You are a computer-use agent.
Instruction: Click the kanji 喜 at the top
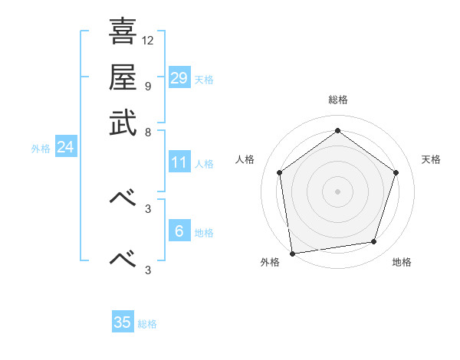click(x=123, y=32)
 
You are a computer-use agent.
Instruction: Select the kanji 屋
click(x=123, y=77)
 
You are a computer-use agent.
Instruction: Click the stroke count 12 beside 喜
click(x=148, y=40)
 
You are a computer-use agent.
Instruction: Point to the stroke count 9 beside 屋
click(x=148, y=85)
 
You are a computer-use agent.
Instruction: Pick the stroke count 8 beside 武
click(x=148, y=131)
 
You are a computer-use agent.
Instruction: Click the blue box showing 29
click(x=179, y=77)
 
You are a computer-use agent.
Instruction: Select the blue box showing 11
click(x=179, y=162)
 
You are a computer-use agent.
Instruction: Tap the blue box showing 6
click(x=179, y=231)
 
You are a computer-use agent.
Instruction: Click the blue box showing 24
click(x=65, y=147)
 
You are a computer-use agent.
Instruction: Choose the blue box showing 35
click(x=123, y=322)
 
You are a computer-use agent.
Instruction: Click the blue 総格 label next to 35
click(x=147, y=324)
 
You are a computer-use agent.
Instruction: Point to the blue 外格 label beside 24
click(x=41, y=149)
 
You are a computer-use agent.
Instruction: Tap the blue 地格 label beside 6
click(x=204, y=233)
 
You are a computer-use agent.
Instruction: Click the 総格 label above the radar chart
click(x=337, y=100)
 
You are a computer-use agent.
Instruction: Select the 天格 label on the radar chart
click(x=431, y=159)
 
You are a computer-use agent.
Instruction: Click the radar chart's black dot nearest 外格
click(x=292, y=253)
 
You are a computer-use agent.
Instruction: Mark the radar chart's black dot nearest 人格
click(x=280, y=172)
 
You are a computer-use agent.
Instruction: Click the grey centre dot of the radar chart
click(x=337, y=191)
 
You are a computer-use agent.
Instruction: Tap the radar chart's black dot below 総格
click(x=337, y=130)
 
